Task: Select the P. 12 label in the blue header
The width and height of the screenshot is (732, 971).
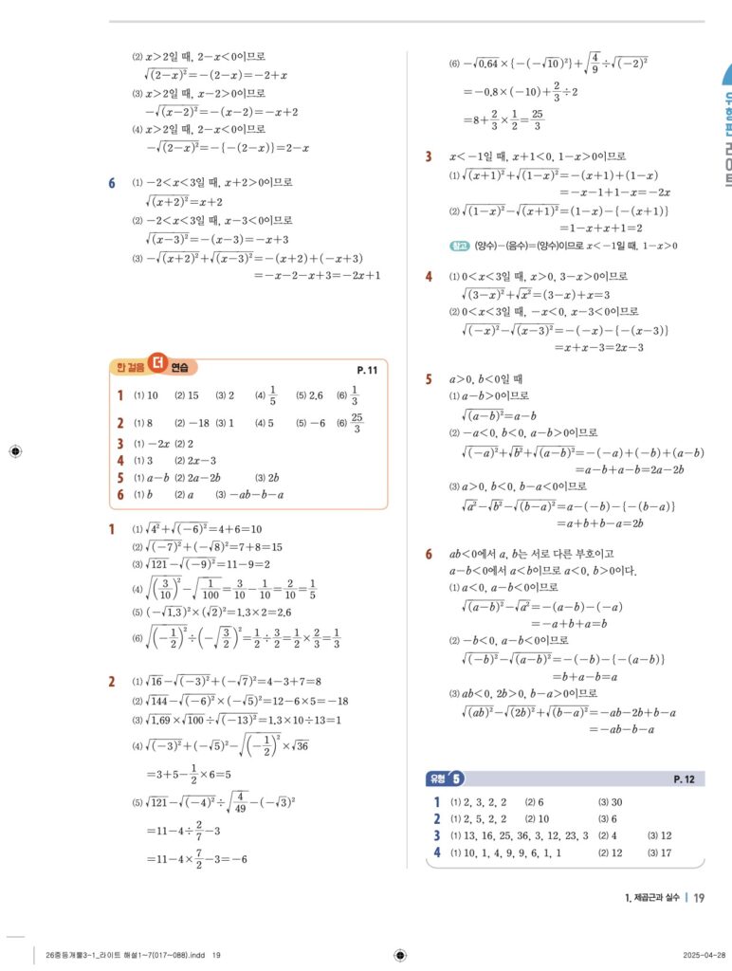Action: coord(684,779)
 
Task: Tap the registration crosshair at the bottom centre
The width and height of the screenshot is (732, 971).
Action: coord(399,954)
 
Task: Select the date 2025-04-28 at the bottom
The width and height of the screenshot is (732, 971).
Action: coord(705,955)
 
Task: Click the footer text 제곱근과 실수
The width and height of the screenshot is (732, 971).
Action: coord(650,898)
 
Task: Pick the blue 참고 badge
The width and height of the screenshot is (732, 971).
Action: coord(460,247)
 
